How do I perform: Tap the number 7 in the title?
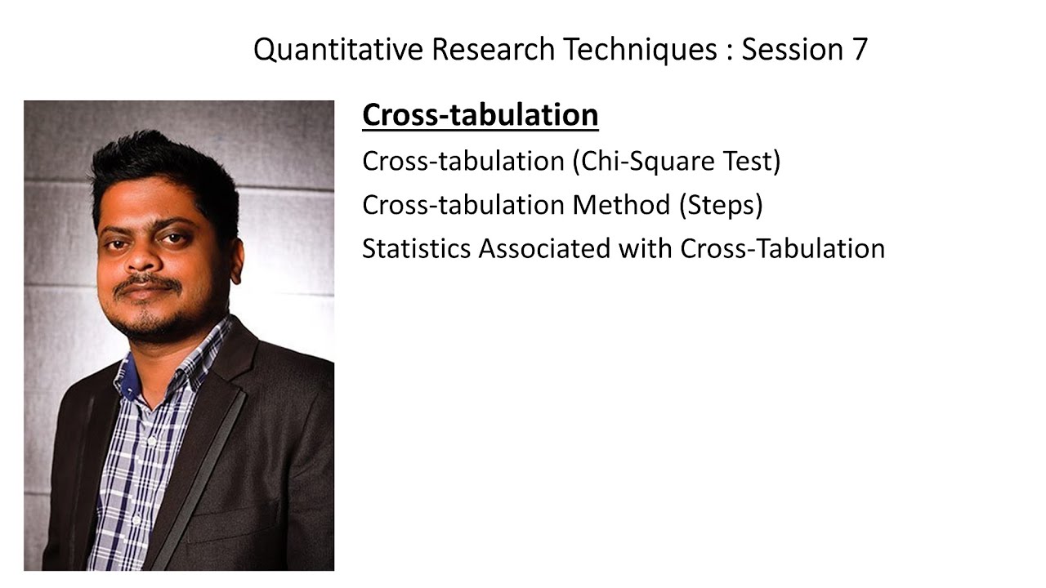859,50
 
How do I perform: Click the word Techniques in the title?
640,50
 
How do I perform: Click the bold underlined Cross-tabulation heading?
480,115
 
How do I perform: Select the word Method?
621,204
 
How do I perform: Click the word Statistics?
416,247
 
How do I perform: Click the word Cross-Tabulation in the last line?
782,247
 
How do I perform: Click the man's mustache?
147,283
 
